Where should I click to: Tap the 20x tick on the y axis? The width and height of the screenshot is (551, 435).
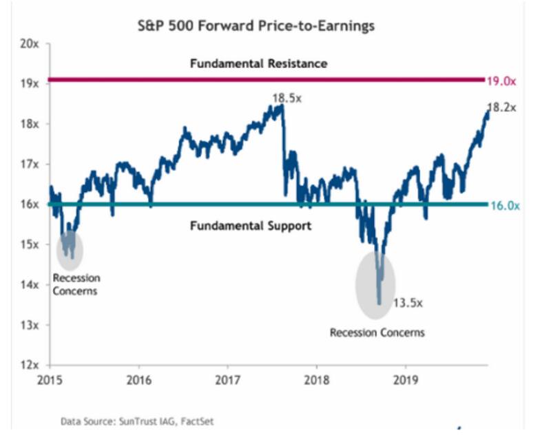[x=30, y=43]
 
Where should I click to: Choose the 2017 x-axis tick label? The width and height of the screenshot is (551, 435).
[x=227, y=379]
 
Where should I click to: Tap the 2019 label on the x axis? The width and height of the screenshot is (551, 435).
[x=405, y=379]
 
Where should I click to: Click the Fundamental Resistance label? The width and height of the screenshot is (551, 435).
[x=258, y=63]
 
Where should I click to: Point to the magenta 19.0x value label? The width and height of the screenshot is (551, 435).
[x=502, y=81]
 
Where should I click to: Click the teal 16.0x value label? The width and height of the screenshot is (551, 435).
[x=502, y=204]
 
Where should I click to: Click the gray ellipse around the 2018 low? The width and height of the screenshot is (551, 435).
[x=375, y=286]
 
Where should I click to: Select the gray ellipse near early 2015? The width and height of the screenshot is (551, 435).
[x=69, y=249]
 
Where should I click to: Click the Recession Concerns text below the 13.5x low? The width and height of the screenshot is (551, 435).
[x=377, y=332]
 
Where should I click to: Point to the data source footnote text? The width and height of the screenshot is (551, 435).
[x=132, y=419]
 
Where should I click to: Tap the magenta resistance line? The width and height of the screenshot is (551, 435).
[x=207, y=80]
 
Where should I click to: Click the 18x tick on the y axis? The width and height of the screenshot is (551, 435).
[x=30, y=124]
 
